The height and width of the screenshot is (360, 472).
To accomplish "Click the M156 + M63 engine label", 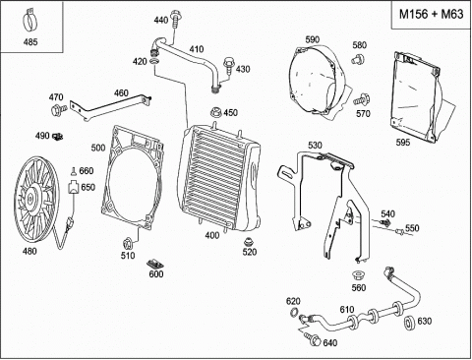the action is [431, 15].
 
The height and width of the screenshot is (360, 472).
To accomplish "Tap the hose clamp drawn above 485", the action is [29, 21].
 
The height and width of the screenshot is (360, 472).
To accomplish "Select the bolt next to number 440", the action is [175, 20].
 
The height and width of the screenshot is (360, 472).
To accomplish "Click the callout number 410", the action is [197, 49].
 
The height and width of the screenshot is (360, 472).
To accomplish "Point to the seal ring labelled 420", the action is [154, 62].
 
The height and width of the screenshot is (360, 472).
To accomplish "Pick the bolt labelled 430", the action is [229, 66].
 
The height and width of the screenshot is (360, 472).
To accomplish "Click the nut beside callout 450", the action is [215, 112].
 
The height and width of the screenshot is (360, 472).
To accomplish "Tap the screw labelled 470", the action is [58, 109].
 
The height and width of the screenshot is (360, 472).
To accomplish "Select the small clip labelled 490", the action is [58, 136].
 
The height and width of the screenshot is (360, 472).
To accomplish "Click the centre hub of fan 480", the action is [30, 199].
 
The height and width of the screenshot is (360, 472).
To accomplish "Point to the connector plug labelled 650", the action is [73, 188].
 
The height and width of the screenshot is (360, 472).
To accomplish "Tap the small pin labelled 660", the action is [74, 171].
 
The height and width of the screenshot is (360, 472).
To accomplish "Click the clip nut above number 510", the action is [127, 243].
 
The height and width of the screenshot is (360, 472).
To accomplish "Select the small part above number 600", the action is [155, 264].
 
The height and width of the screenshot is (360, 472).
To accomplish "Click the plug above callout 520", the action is [250, 243].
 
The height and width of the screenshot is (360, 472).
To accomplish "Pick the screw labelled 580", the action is [358, 60].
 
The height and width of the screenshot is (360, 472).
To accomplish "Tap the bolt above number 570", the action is [361, 99].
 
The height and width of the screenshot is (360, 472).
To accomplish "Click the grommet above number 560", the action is [358, 275].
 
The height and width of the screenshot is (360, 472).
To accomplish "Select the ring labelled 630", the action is [409, 323].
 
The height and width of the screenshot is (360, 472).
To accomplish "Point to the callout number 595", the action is [403, 143].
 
